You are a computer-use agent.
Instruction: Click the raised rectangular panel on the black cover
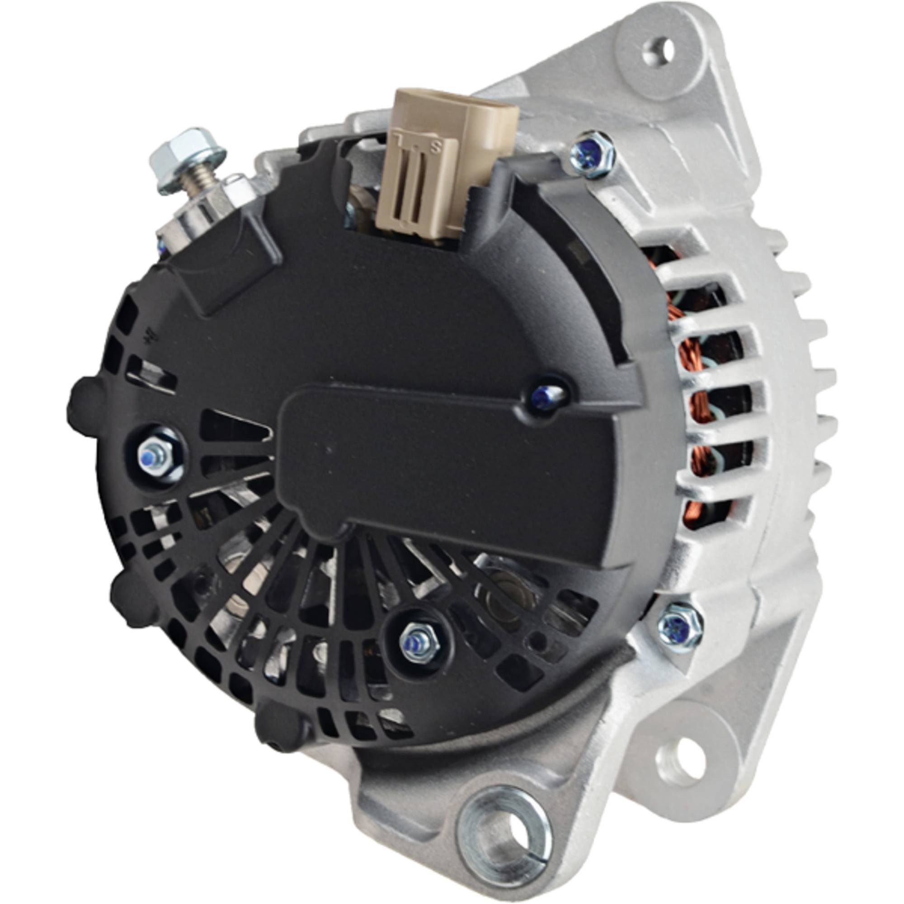point(444,468)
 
